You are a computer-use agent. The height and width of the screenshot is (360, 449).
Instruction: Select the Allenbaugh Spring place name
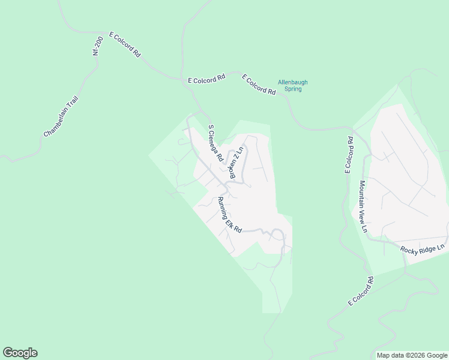pos(293,86)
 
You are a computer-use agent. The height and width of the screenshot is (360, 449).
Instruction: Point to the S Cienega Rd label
pos(215,144)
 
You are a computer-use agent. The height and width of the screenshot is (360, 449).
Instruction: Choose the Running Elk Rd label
pos(229,215)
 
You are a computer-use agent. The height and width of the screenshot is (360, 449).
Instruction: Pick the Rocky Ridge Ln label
pos(423,247)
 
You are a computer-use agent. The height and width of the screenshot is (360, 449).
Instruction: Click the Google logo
pos(20,353)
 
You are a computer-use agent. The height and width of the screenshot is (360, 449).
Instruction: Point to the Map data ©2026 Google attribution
pos(412,355)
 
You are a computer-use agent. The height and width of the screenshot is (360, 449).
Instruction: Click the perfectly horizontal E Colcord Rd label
pos(206,79)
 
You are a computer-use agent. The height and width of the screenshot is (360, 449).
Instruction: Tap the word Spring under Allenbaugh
pos(293,89)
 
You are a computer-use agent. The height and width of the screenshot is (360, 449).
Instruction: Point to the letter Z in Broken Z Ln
pos(238,157)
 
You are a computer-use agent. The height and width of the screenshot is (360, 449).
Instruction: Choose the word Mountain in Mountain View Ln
pos(362,194)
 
